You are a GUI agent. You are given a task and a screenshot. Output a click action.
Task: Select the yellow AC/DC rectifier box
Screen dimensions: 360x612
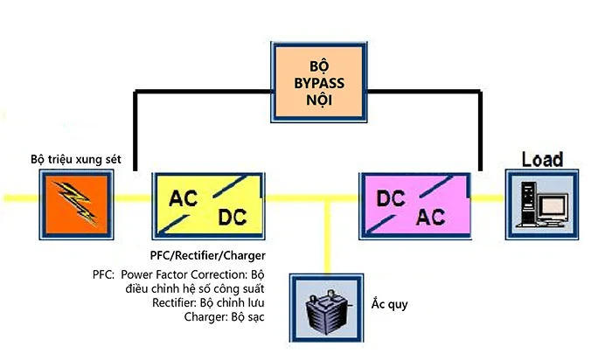pyautogui.click(x=207, y=206)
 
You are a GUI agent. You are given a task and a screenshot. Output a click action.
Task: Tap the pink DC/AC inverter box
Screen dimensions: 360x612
pyautogui.click(x=414, y=206)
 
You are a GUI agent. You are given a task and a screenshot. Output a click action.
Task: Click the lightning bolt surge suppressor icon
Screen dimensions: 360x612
pyautogui.click(x=76, y=203)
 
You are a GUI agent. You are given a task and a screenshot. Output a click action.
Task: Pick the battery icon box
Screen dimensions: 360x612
pyautogui.click(x=326, y=306)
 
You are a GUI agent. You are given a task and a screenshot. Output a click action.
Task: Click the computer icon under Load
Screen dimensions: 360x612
pyautogui.click(x=542, y=204)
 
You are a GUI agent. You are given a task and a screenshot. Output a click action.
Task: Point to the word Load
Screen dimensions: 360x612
pyautogui.click(x=542, y=159)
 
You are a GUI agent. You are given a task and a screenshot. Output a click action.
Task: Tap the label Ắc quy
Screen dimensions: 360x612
pyautogui.click(x=390, y=305)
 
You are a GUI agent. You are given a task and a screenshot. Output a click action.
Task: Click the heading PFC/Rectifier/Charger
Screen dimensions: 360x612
pyautogui.click(x=208, y=255)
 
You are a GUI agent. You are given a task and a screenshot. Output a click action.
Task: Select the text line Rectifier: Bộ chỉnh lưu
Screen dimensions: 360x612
pyautogui.click(x=214, y=301)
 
